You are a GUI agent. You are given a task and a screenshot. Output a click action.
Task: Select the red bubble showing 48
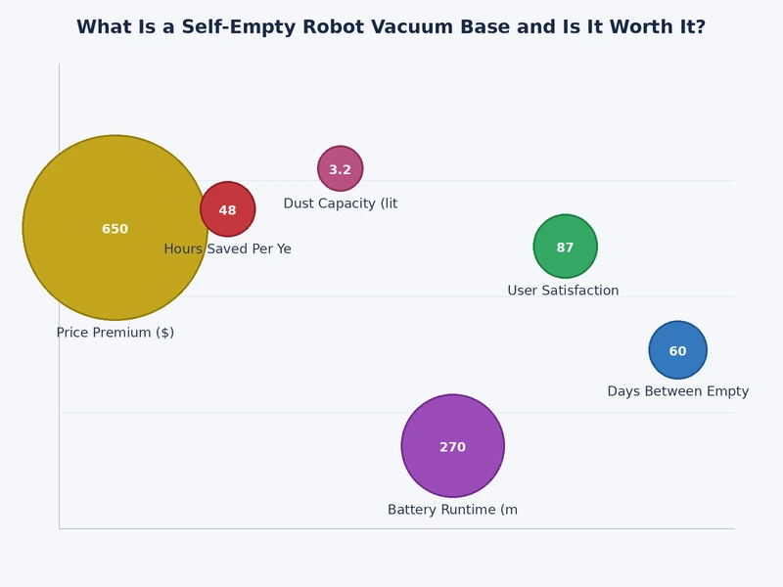[x=228, y=195]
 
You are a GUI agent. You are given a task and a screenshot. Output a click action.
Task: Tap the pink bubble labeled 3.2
[x=341, y=157]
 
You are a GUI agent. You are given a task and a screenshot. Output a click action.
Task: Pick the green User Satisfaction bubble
[x=566, y=230]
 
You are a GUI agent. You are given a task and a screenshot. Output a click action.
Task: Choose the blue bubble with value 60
[x=677, y=335]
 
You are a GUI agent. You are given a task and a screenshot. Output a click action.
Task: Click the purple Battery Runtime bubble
[x=452, y=474]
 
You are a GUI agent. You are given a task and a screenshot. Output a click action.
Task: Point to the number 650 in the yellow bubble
[x=115, y=229]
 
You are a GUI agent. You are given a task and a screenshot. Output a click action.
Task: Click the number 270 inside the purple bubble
[x=452, y=447]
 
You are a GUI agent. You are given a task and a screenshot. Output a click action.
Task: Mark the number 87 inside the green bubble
[x=566, y=248]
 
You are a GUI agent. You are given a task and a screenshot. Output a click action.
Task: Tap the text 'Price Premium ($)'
[x=115, y=333]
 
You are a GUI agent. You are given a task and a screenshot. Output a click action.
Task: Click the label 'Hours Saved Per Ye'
[x=227, y=249]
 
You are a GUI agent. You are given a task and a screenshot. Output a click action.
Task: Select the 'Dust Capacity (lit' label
[x=341, y=203]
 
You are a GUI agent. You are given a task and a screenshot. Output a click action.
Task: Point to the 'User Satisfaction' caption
[x=563, y=291]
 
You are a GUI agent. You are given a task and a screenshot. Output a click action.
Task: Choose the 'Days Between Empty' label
[x=677, y=391]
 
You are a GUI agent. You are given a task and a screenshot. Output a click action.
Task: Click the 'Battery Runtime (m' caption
[x=452, y=510]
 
